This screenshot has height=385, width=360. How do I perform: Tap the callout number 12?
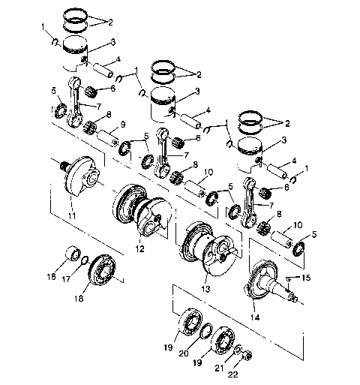[x=161, y=248]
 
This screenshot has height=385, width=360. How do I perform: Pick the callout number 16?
[x=52, y=276]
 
